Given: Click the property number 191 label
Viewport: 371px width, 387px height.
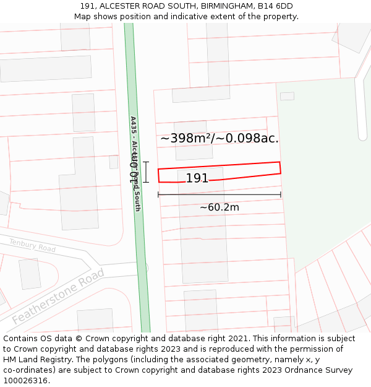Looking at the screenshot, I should [197, 178].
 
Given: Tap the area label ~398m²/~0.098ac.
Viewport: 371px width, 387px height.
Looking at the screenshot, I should [220, 138].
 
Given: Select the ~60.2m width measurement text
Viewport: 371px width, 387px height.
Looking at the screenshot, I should [219, 207].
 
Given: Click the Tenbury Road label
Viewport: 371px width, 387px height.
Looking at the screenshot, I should [32, 245].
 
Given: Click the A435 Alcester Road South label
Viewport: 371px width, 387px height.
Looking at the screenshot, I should [135, 163].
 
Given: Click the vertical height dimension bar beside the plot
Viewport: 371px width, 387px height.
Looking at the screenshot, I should [146, 172].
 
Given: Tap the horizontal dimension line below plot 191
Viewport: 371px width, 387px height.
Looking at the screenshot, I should [220, 194].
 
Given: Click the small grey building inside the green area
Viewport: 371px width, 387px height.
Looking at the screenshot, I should [287, 96].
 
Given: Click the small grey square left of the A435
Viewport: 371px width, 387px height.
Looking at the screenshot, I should [113, 162].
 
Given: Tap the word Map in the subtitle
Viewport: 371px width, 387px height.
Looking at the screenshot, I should [83, 16].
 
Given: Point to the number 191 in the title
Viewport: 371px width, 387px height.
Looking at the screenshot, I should [88, 6].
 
